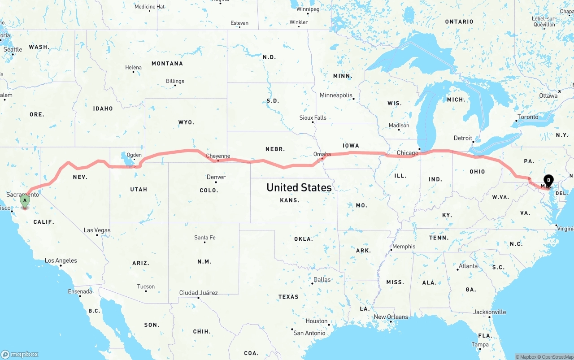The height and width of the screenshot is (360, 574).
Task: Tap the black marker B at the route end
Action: pyautogui.click(x=548, y=181)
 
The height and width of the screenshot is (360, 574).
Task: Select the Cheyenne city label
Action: pyautogui.click(x=218, y=156)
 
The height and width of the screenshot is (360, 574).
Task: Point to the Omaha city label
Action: pyautogui.click(x=322, y=154)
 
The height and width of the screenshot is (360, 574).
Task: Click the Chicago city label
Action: pyautogui.click(x=407, y=153)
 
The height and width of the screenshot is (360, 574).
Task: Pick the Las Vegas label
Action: pyautogui.click(x=97, y=230)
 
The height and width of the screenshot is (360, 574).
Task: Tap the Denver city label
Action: pyautogui.click(x=216, y=177)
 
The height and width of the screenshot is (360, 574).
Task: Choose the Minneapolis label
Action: pyautogui.click(x=336, y=95)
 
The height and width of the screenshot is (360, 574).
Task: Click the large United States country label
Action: pyautogui.click(x=299, y=187)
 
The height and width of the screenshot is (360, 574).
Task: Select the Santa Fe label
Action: pyautogui.click(x=204, y=237)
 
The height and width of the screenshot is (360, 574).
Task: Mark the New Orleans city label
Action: pyautogui.click(x=391, y=317)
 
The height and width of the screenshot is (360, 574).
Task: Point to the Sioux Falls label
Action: pyautogui.click(x=313, y=117)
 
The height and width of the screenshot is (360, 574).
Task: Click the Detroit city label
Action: pyautogui.click(x=463, y=138)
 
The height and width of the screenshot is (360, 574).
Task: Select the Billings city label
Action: pyautogui.click(x=175, y=81)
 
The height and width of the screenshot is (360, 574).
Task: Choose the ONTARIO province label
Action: pyautogui.click(x=459, y=22)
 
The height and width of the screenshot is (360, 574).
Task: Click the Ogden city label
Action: pyautogui.click(x=134, y=155)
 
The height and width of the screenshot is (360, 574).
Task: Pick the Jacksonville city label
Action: pyautogui.click(x=490, y=312)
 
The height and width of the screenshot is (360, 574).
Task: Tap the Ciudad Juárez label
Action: pyautogui.click(x=198, y=293)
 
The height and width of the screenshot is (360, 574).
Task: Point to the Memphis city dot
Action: pyautogui.click(x=391, y=250)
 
